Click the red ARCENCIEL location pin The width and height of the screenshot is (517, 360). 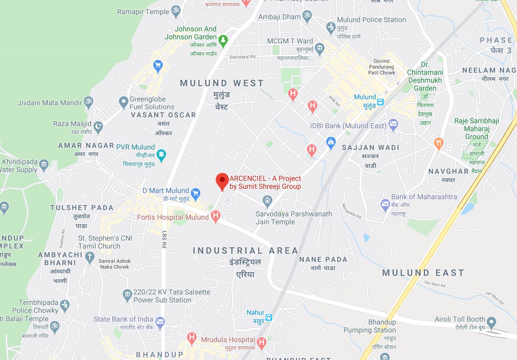coord(222,181)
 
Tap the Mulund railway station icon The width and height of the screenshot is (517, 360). coord(380,101)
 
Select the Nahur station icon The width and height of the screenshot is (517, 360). coord(269,317)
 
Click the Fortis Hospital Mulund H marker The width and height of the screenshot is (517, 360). coord(215,216)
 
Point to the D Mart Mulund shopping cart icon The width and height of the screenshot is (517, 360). coord(195,193)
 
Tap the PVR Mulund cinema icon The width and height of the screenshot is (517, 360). coord(161,155)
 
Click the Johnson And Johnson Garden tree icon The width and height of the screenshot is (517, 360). coord(224,40)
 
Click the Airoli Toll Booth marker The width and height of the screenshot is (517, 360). coord(492,322)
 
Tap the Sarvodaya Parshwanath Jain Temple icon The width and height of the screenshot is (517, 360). coord(267,201)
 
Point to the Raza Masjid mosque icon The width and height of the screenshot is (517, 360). coord(98,126)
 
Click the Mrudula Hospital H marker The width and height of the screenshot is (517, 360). coord(262,343)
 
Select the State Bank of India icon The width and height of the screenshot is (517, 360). coord(160,322)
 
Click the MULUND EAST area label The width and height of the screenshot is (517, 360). coord(423,273)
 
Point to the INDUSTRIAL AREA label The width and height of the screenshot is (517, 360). coord(245,251)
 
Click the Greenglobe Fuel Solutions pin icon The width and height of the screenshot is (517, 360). coord(123,101)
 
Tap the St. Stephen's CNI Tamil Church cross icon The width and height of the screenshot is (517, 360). coord(90,257)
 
